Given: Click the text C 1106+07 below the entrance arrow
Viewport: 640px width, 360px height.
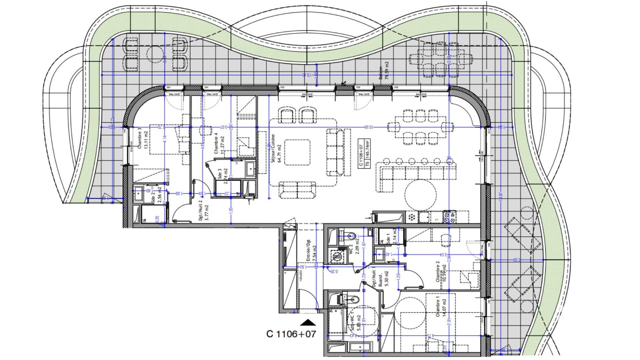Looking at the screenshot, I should (x=291, y=334).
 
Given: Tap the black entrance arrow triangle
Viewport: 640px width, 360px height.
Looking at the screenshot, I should (x=308, y=322).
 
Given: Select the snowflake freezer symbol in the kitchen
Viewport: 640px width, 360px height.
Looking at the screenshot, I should (x=412, y=218).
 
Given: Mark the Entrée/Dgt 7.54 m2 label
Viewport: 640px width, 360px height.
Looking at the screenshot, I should (x=311, y=250).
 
